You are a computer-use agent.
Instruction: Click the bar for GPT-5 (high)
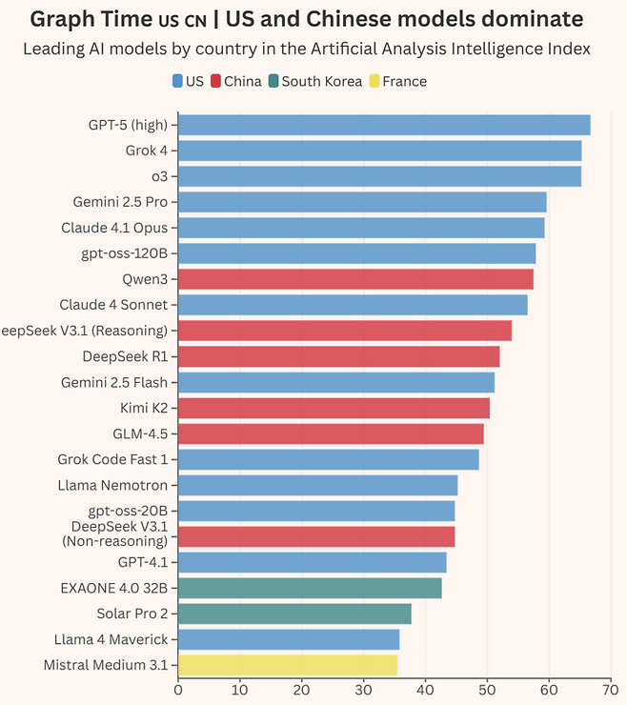coord(384,125)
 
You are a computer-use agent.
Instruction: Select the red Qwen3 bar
coord(355,279)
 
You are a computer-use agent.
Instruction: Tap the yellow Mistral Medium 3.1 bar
coord(288,665)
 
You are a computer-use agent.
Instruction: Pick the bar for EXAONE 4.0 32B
coord(310,588)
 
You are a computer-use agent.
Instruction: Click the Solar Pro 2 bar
coord(294,614)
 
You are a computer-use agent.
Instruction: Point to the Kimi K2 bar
coord(334,408)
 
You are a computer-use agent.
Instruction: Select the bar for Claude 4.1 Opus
coord(361,228)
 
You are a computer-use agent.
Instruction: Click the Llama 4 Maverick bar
coord(289,639)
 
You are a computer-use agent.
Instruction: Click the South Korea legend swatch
coord(273,81)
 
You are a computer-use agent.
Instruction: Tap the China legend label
coord(242,81)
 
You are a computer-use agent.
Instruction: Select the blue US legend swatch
coord(177,81)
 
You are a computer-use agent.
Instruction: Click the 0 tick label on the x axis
coord(178,689)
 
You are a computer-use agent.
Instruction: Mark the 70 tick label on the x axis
coord(611,689)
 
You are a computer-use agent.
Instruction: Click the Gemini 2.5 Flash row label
coord(114,382)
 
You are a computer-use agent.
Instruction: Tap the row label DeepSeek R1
coord(125,356)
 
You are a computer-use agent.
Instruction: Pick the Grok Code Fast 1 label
coord(112,459)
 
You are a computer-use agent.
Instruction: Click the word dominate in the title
coord(532,19)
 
